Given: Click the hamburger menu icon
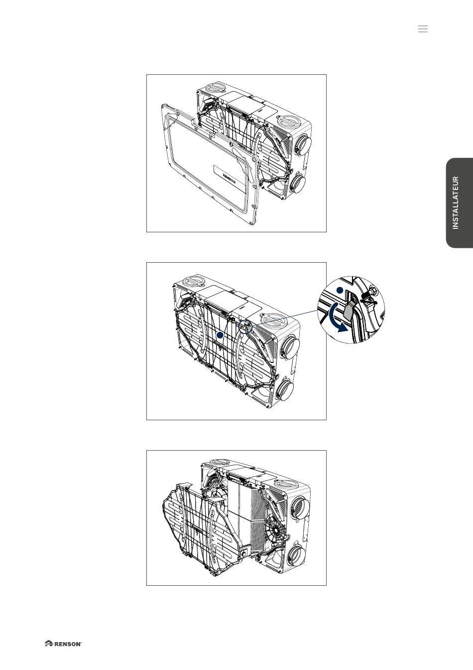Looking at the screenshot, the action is coord(423,29).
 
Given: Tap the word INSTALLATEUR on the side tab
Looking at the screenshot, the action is coord(456,203).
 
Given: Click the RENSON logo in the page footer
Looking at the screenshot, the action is coord(63,644).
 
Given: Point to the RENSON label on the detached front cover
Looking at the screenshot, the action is coord(230,178).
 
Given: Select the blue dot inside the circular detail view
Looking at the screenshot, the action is coord(340,290).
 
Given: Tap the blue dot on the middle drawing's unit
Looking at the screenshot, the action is coord(220,335).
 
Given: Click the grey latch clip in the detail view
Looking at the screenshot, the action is coord(349,312).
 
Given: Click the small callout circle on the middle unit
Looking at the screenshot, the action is coord(245,327).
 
